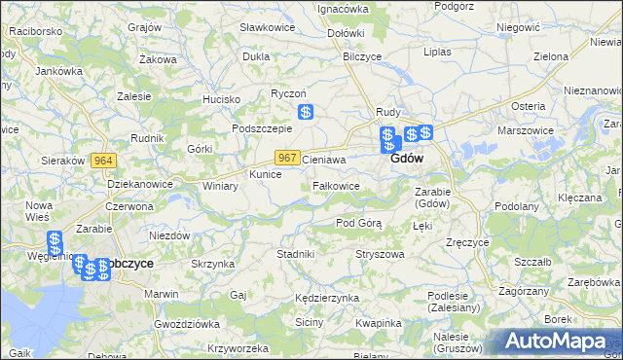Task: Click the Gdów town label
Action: click(406, 158)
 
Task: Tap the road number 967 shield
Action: click(286, 158)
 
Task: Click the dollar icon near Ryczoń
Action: click(305, 113)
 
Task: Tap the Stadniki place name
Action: click(296, 254)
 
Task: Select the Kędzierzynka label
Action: click(327, 297)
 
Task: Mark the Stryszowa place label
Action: click(380, 254)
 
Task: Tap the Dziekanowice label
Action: click(140, 183)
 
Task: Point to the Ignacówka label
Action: click(343, 9)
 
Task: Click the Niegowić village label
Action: click(517, 28)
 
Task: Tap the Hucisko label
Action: click(221, 99)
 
